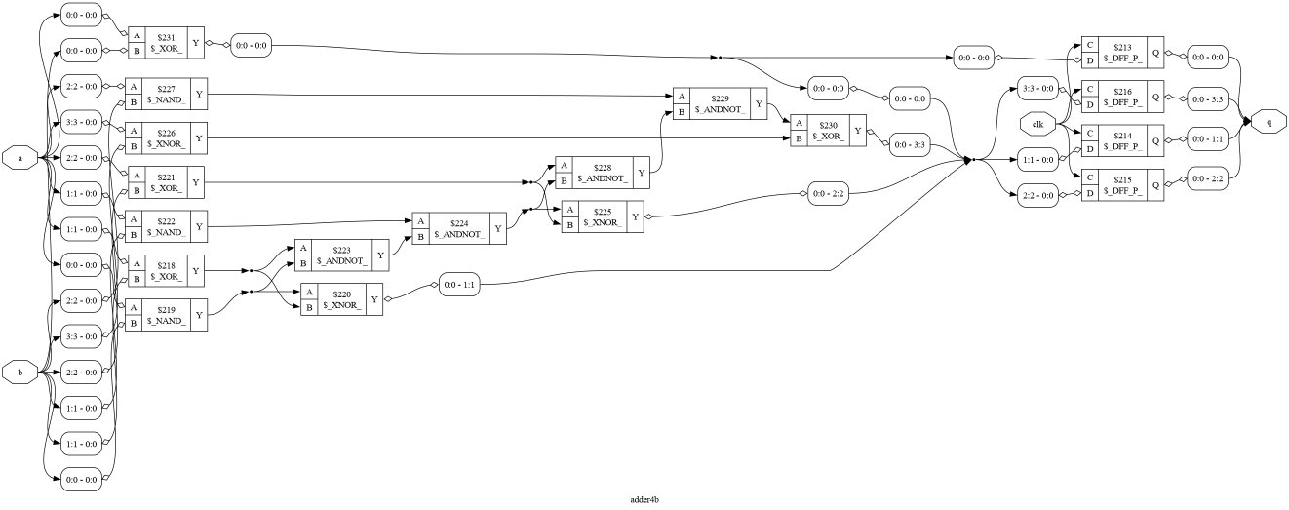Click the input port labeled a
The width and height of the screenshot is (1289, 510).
[20, 158]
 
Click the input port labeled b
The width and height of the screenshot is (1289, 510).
[20, 373]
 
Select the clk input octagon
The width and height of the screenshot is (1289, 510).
[1037, 125]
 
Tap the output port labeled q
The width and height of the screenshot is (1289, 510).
[1269, 122]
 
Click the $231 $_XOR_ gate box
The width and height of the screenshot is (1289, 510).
[166, 43]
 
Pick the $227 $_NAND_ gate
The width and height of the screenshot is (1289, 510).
[166, 94]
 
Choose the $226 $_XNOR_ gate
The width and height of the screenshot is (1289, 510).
[166, 138]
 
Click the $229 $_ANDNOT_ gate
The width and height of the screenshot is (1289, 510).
[720, 103]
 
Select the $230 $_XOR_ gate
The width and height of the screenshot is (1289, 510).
[828, 130]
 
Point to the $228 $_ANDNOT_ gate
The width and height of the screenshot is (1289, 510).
[603, 172]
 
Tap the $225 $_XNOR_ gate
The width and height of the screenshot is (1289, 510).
[603, 216]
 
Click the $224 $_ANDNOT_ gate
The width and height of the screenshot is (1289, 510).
[459, 228]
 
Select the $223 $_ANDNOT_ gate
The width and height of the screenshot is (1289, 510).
[342, 255]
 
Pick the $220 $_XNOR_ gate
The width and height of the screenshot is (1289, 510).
[342, 299]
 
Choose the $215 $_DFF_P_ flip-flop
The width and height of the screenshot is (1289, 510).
[1122, 184]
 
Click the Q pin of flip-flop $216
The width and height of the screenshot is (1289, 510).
[1155, 97]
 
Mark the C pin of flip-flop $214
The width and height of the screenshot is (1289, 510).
[1090, 133]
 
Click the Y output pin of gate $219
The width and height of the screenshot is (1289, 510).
[199, 315]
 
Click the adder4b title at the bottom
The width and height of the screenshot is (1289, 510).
[644, 499]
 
